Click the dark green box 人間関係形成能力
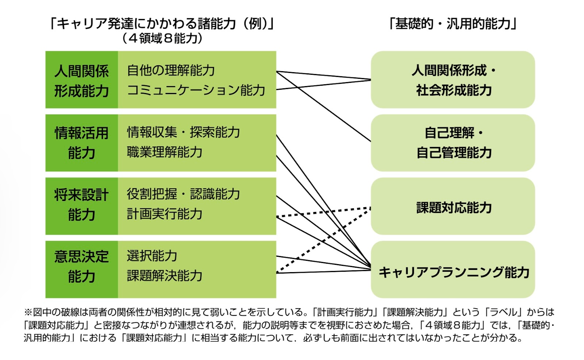point(81,80)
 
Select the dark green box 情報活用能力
point(81,143)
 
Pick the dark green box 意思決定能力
point(81,269)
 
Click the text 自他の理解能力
point(171,70)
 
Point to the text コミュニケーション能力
point(196,90)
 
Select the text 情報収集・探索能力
point(183,132)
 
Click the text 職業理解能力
point(165,152)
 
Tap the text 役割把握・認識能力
point(183,194)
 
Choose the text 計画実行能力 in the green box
point(165,214)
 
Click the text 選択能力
point(152,256)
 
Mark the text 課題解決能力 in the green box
point(165,275)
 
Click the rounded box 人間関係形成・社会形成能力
point(453,80)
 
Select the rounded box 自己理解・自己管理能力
point(453,143)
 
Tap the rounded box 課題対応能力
point(453,206)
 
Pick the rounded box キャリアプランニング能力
point(453,270)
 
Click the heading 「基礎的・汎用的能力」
point(453,24)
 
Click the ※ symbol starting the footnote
point(28,312)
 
